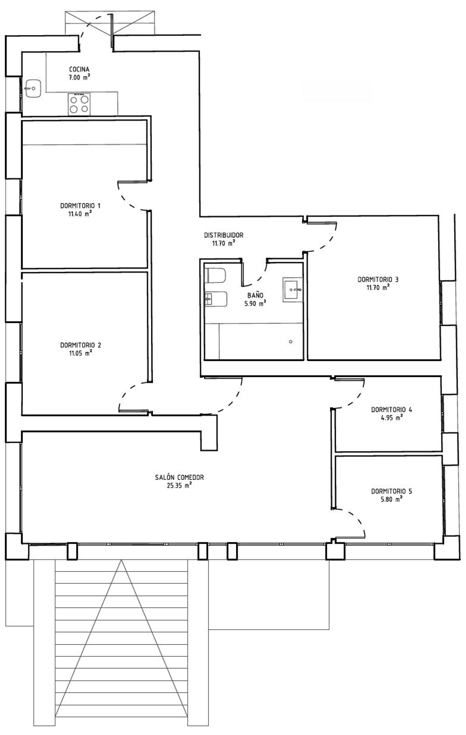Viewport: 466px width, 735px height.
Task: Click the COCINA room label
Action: coord(79,69)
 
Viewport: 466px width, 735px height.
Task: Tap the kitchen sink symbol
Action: coord(33,88)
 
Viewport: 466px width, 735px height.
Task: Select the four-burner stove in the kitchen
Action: coord(79,104)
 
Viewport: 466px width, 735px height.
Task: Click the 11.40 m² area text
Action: coord(80,214)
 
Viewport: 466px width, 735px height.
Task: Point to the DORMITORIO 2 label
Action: coord(80,345)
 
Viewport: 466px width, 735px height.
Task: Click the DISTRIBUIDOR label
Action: coord(223,235)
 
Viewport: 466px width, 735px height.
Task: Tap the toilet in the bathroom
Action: coord(216,276)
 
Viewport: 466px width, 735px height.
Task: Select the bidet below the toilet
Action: coord(215,299)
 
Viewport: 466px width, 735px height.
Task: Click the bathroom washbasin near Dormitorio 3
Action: coord(292,290)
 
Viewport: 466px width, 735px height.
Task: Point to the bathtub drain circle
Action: coord(290,342)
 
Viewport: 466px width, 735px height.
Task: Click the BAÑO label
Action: coord(255,295)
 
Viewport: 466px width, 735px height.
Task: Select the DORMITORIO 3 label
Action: coord(378,279)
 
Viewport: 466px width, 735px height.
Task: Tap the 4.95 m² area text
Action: coord(391,418)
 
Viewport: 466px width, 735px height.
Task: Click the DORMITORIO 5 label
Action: coord(391,491)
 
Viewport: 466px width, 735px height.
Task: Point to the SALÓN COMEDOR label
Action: coord(179,477)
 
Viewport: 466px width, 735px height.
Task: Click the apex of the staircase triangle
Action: coord(121,560)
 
